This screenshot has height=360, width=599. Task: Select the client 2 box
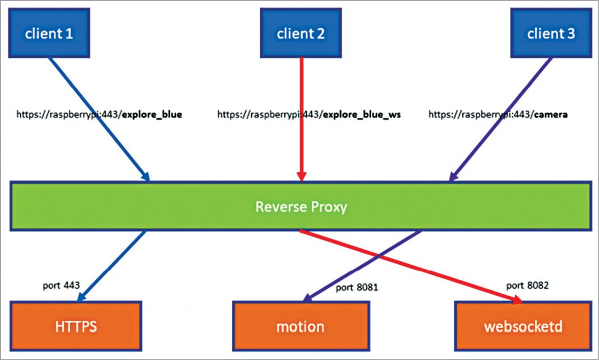(x=301, y=33)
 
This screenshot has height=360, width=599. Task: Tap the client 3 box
(x=551, y=33)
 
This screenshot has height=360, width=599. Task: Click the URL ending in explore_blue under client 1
(x=99, y=115)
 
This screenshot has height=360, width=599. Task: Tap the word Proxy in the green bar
(x=328, y=206)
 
